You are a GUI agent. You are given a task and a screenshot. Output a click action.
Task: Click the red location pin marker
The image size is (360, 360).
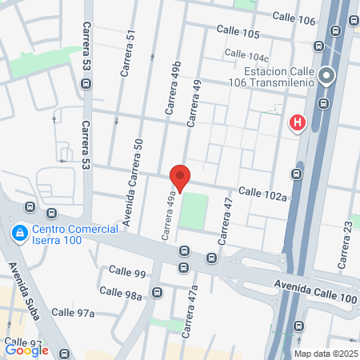coord(180,177)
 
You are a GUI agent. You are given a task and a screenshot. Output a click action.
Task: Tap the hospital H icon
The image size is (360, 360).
coord(297,122)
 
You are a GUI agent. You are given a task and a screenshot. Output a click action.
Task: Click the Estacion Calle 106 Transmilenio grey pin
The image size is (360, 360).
coord(326,77)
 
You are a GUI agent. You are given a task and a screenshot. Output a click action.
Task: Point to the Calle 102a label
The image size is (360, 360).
coord(262,192)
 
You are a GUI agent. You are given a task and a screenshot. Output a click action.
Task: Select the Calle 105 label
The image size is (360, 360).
coord(238,34)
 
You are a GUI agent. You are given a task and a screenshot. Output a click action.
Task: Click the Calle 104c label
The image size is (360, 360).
coord(246,56)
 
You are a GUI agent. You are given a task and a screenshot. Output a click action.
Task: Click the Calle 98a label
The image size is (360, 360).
coord(123,295)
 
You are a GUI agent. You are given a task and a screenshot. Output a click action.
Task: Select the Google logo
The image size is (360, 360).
coord(26,350)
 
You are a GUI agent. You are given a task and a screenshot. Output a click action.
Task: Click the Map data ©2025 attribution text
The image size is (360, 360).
coord(326,353)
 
